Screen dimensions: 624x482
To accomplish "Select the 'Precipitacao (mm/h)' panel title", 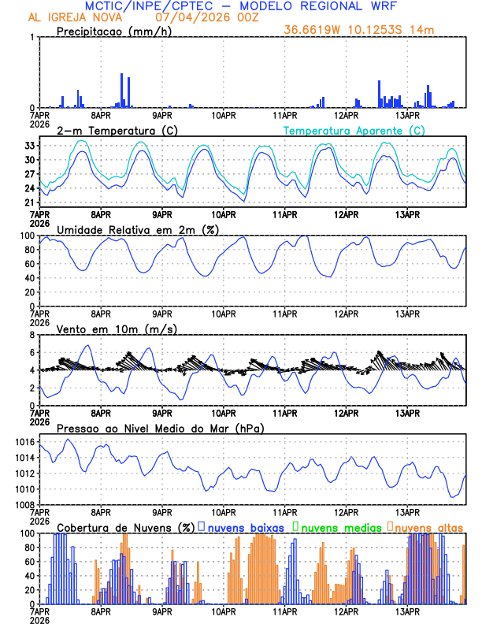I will click(115, 31).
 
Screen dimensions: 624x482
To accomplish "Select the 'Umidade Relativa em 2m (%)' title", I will click(138, 229).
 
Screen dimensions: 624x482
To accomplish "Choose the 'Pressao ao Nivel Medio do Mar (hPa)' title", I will click(161, 428).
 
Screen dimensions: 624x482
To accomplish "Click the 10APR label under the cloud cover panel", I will click(224, 611).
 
